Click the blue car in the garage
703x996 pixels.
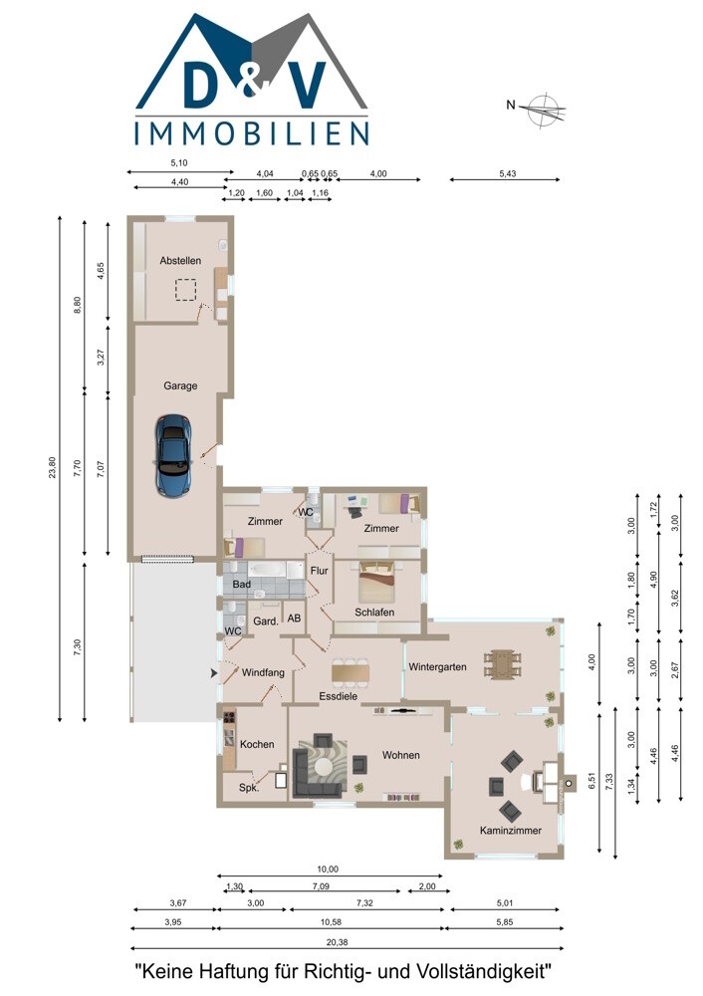173,455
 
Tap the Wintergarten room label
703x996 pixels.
437,667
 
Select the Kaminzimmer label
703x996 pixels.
511,831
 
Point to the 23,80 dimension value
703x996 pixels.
53,468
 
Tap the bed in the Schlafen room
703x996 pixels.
377,582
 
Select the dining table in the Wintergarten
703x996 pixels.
503,664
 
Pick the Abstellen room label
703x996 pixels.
180,260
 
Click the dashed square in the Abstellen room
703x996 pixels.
185,290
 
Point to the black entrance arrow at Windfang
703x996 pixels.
215,672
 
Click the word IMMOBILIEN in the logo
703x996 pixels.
252,133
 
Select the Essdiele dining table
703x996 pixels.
350,671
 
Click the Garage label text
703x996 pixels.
180,385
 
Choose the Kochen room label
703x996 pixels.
257,744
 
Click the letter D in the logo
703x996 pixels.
204,84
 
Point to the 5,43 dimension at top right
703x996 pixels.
508,173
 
